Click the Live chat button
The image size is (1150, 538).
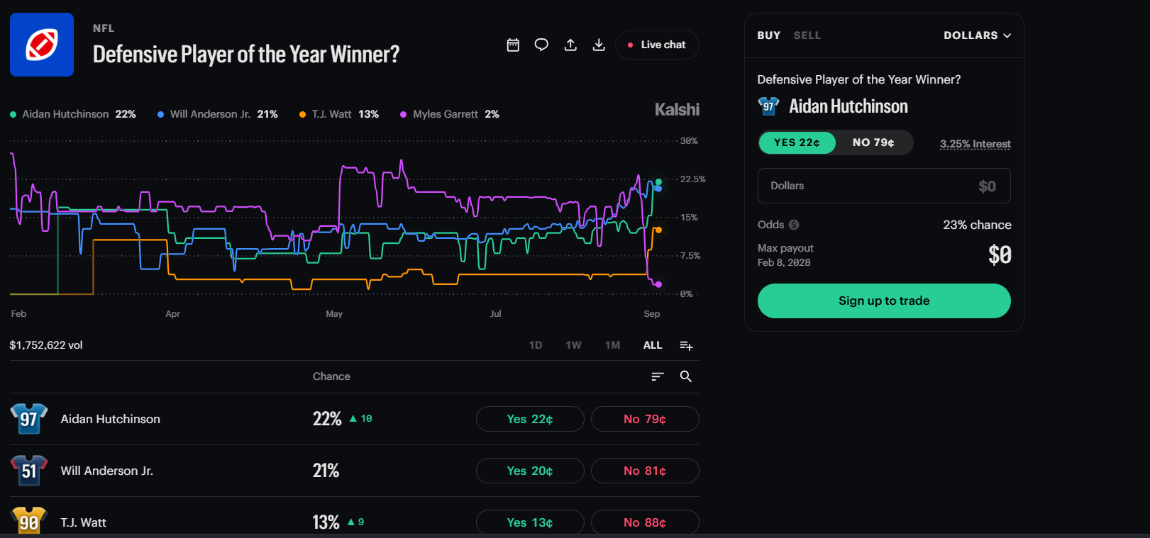[x=657, y=45]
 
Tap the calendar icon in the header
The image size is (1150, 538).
[x=513, y=45]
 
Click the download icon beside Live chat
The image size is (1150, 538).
[x=599, y=45]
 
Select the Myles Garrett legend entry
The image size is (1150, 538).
[x=450, y=114]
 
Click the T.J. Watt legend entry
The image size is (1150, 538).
[x=339, y=114]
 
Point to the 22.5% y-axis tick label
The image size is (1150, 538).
[x=692, y=179]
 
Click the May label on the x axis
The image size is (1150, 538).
[x=334, y=313]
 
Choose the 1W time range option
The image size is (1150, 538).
[x=573, y=345]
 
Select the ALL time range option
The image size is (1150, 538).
[x=653, y=345]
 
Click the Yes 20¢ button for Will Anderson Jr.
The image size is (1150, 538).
[x=530, y=471]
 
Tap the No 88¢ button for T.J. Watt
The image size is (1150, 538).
[x=645, y=522]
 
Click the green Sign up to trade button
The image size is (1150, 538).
[x=884, y=301]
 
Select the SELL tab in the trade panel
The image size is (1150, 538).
[x=807, y=35]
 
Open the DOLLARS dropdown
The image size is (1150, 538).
[x=978, y=35]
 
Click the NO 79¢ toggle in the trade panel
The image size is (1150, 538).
[x=873, y=142]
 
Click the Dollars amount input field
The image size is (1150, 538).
[x=884, y=186]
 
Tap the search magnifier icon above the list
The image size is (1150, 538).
[x=686, y=376]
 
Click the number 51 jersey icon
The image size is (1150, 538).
[x=29, y=470]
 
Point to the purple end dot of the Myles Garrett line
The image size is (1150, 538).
[x=658, y=284]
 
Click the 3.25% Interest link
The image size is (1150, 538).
[x=975, y=144]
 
